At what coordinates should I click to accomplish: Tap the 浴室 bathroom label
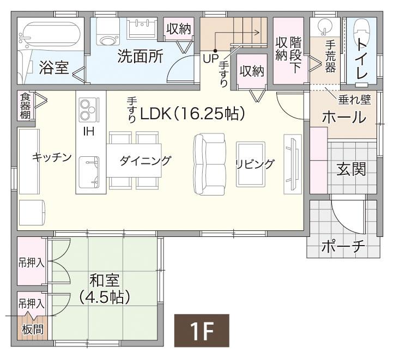tap(54, 68)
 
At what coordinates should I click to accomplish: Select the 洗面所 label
tap(140, 57)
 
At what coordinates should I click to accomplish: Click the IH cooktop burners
tap(87, 111)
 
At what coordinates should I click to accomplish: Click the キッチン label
tap(52, 157)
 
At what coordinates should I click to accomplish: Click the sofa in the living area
tap(209, 163)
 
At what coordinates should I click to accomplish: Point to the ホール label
tap(343, 117)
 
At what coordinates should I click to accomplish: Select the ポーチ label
tap(342, 246)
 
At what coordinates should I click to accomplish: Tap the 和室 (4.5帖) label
tap(104, 289)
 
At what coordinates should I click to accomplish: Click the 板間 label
tap(32, 330)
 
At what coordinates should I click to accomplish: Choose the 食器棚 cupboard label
tap(25, 106)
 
